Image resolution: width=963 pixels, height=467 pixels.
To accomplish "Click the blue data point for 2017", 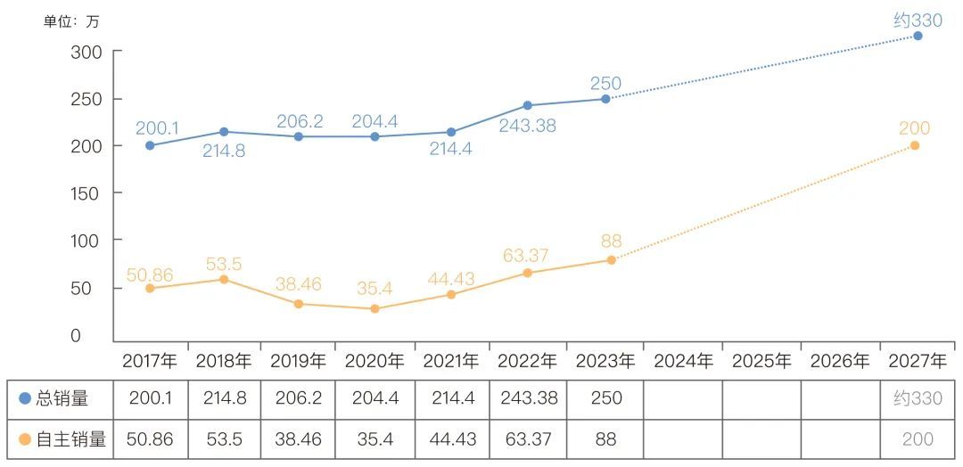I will (x=150, y=145).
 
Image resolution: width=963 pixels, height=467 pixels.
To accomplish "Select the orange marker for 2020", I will (x=374, y=308).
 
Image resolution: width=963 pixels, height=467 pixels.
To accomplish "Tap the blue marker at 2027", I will (x=917, y=36).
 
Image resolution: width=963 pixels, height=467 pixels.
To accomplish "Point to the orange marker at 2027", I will (x=915, y=145).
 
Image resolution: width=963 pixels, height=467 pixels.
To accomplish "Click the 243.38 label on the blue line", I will (x=527, y=126).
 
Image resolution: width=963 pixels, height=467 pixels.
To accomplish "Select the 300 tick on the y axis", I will (x=86, y=52).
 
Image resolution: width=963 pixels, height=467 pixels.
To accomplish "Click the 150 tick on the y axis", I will (x=86, y=193).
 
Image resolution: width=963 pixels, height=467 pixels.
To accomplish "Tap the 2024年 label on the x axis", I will (x=683, y=361).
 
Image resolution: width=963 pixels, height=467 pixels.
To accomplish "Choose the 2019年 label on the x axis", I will (x=298, y=361).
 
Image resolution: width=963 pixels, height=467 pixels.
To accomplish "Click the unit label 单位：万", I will (x=71, y=21).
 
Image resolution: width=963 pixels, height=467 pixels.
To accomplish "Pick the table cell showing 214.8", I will (x=223, y=398).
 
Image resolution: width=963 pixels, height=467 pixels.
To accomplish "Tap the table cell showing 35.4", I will (x=374, y=438).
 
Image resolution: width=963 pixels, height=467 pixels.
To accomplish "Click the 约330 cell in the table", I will (x=918, y=398).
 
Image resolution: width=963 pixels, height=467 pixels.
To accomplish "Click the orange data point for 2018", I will (x=224, y=280).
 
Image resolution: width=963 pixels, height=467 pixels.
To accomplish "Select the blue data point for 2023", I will (x=605, y=99).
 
